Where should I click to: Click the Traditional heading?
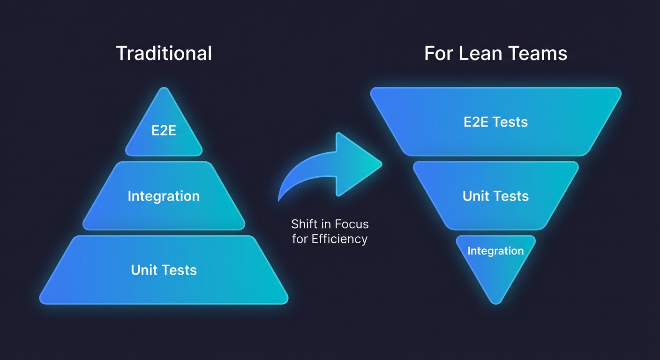tap(164, 53)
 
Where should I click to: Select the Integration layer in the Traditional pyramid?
tap(164, 196)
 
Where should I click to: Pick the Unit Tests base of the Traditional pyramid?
tap(164, 270)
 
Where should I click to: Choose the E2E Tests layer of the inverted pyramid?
tap(495, 122)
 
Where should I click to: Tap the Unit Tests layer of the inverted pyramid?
tap(495, 196)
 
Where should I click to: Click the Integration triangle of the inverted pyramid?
tap(495, 262)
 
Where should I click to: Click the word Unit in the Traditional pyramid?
tap(144, 270)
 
